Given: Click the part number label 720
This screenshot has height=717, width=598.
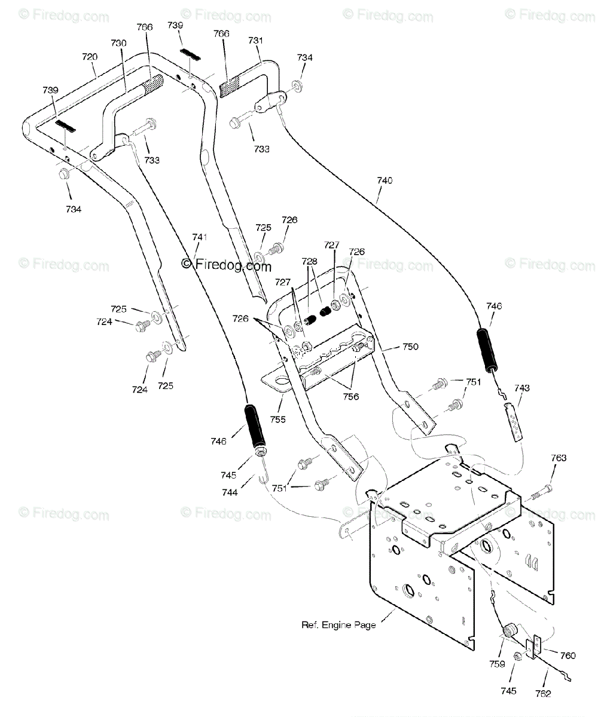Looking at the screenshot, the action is click(90, 57).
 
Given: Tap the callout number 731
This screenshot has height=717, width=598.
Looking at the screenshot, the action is click(256, 41).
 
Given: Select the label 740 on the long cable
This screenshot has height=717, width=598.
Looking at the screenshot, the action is click(385, 180).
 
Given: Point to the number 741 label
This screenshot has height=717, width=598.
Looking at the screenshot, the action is click(200, 237).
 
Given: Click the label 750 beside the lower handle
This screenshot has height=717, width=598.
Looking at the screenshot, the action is click(410, 347).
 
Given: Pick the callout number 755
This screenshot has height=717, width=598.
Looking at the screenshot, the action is click(277, 419).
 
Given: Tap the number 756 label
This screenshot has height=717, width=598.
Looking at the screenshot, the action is click(351, 397).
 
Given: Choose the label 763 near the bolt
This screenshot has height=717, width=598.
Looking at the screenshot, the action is click(559, 458).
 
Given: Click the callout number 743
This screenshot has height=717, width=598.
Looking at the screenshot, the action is click(522, 388).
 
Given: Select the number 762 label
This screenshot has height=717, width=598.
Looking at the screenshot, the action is click(543, 694).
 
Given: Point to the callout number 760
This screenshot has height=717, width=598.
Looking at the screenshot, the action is click(568, 655).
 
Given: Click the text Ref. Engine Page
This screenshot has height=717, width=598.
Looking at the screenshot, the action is click(338, 625).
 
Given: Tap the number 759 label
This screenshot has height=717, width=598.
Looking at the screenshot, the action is click(498, 664).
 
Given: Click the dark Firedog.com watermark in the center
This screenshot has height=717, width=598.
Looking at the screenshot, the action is click(227, 265).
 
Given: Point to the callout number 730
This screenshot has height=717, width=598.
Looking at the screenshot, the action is click(118, 43).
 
